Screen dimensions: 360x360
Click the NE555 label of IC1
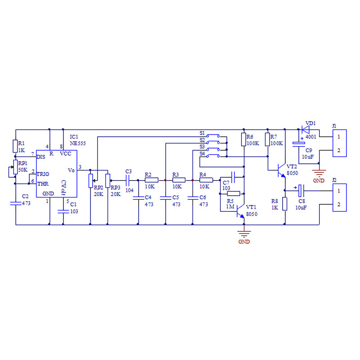pos(77,143)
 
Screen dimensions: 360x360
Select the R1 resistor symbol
pos(15,146)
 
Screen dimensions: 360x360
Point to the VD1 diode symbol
pos(306,130)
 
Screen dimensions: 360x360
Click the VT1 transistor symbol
pos(240,211)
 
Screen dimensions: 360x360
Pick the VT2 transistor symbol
pos(281,171)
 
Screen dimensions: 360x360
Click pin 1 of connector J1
pos(339,137)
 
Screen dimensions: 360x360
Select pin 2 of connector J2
pos(339,204)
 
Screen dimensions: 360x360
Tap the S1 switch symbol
pos(213,136)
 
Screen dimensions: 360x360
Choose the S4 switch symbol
pos(213,156)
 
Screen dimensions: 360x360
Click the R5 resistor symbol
pos(234,193)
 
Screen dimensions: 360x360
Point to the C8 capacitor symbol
pos(301,190)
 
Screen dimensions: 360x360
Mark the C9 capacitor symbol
pos(299,144)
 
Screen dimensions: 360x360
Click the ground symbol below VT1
pos(244,234)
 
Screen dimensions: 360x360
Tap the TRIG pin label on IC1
pos(43,174)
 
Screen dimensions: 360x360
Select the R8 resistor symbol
pos(285,204)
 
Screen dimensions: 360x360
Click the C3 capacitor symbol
pos(128,180)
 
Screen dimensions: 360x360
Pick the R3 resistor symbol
pos(179,180)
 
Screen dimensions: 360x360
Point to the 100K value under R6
pos(253,143)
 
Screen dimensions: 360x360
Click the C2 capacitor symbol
pos(16,203)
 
